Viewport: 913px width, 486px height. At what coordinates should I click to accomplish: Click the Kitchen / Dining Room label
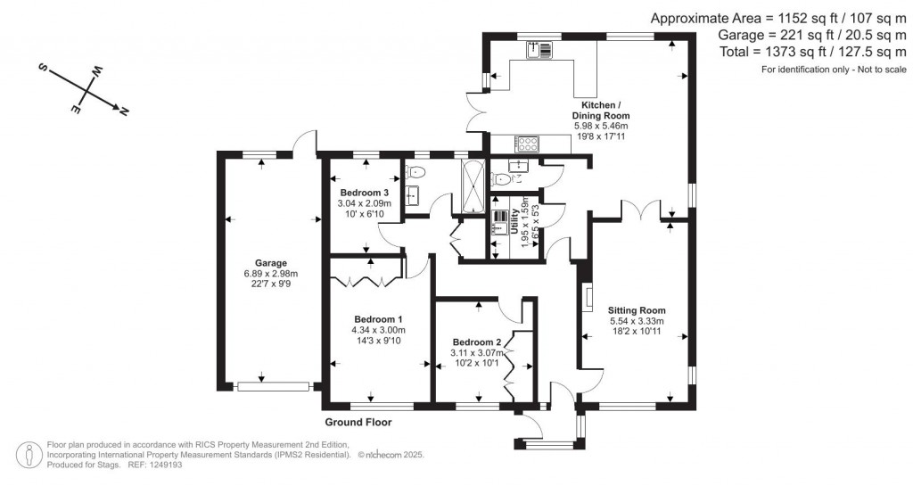[x=600, y=111]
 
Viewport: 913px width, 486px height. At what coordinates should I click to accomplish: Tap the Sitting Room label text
[x=637, y=310]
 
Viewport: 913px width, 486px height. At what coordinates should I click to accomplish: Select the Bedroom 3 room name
[x=365, y=193]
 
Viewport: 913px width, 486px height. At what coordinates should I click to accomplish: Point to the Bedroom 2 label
[x=477, y=342]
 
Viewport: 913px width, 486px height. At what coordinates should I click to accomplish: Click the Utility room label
[x=514, y=230]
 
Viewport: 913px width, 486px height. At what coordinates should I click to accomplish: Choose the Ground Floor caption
[x=358, y=423]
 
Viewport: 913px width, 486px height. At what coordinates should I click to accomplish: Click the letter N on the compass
[x=124, y=111]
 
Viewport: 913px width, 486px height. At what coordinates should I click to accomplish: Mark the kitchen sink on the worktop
[x=539, y=51]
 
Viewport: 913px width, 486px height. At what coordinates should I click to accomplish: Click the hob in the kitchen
[x=526, y=143]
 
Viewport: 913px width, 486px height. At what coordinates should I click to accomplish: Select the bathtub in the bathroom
[x=470, y=186]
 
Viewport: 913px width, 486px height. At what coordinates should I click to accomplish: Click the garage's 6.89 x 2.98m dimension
[x=271, y=274]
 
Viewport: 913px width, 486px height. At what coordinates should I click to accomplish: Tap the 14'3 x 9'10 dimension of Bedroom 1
[x=378, y=340]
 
